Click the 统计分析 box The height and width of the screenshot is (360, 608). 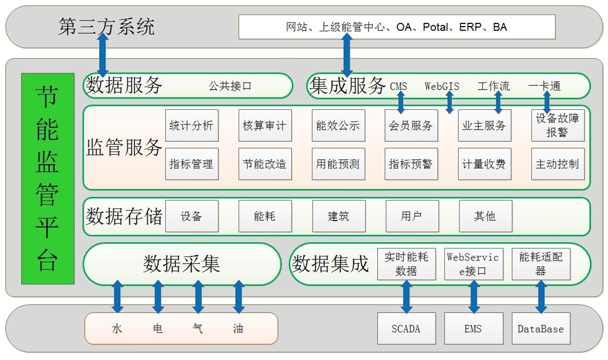pyautogui.click(x=191, y=126)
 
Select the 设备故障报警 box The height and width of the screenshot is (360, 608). pyautogui.click(x=557, y=126)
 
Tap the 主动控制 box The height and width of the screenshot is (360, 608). pyautogui.click(x=557, y=164)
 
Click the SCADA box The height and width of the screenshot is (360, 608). pyautogui.click(x=405, y=329)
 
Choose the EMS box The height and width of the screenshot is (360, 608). pyautogui.click(x=474, y=329)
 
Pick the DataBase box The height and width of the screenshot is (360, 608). pyautogui.click(x=540, y=329)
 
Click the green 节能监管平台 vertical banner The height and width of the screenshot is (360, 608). pyautogui.click(x=48, y=179)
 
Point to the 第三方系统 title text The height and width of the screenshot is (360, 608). pyautogui.click(x=106, y=27)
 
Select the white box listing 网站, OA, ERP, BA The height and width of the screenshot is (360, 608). pyautogui.click(x=396, y=27)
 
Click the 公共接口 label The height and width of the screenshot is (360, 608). pyautogui.click(x=230, y=86)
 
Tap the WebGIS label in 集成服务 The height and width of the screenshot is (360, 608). pyautogui.click(x=442, y=86)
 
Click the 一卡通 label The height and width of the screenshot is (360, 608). pyautogui.click(x=544, y=86)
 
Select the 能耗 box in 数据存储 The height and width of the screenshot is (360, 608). pyautogui.click(x=265, y=216)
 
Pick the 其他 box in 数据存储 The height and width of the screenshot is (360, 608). pyautogui.click(x=485, y=216)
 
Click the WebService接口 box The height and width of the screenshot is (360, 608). pyautogui.click(x=474, y=264)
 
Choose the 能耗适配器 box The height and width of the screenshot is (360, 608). pyautogui.click(x=540, y=264)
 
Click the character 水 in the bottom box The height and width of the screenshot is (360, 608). pyautogui.click(x=117, y=329)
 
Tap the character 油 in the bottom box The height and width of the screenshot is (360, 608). pyautogui.click(x=238, y=329)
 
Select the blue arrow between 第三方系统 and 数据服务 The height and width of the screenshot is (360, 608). pyautogui.click(x=103, y=55)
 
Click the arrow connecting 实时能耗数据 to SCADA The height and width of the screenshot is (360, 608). pyautogui.click(x=406, y=296)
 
